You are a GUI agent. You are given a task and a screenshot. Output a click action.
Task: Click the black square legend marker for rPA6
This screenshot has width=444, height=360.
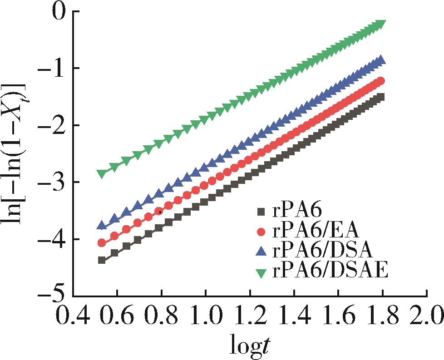[x=260, y=211]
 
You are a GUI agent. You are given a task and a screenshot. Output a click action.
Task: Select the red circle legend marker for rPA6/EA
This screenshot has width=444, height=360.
[x=260, y=232]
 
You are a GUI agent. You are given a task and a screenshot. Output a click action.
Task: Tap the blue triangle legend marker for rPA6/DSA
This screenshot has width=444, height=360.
[x=260, y=252]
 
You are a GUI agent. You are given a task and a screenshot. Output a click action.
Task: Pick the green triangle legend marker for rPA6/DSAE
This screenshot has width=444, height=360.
[x=260, y=272]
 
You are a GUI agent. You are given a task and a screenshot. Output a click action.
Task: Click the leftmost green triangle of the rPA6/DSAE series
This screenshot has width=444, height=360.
[x=102, y=173]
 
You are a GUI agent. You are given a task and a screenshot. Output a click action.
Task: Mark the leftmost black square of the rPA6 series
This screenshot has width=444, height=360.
[x=102, y=260]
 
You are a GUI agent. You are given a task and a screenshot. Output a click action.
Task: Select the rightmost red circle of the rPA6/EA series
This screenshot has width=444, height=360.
[x=381, y=81]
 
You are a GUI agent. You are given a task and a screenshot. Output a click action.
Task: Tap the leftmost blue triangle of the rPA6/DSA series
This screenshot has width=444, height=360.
[x=102, y=225]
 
